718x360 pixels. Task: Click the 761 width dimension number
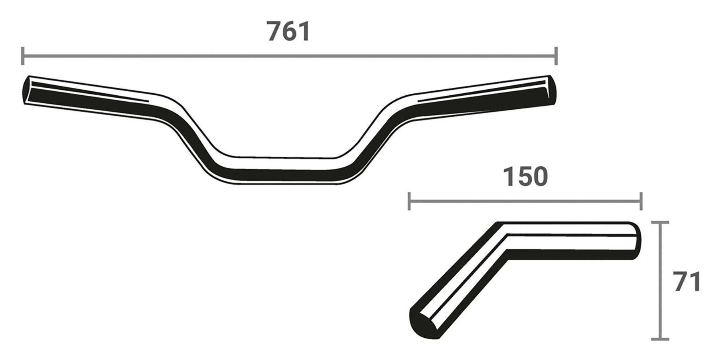point(288,31)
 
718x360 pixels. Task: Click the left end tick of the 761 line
point(23,56)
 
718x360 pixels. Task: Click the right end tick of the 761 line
point(556,56)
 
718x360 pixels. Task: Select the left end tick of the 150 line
point(409,201)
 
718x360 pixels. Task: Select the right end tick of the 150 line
point(641,201)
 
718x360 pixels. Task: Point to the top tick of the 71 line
point(660,222)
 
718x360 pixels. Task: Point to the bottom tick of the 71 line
point(660,339)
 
